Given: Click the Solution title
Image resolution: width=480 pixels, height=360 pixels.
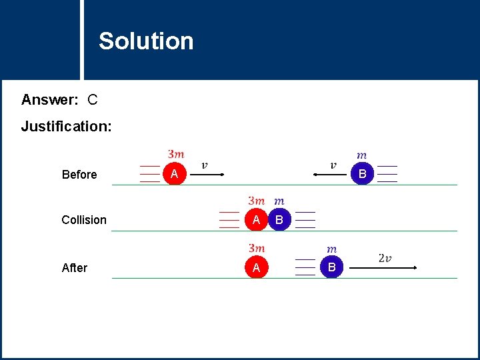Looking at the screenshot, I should click(146, 41).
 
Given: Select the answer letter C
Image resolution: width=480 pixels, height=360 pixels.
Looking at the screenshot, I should click(93, 100).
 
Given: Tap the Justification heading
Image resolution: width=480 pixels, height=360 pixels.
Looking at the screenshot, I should click(66, 126).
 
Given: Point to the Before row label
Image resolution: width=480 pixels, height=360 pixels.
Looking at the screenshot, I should click(79, 175).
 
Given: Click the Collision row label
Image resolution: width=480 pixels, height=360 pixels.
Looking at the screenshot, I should click(84, 220).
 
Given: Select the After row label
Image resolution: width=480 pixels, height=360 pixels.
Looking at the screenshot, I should click(75, 268).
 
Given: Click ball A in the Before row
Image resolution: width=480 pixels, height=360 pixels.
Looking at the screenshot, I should click(174, 174).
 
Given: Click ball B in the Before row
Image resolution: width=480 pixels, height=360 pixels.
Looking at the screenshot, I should click(363, 174).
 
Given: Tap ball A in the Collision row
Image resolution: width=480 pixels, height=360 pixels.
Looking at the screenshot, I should click(256, 219).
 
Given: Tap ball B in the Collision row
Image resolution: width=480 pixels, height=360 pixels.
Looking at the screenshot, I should click(279, 219).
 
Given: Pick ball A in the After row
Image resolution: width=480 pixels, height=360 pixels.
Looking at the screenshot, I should click(256, 267).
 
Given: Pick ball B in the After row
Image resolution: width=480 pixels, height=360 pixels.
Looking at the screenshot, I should click(331, 267).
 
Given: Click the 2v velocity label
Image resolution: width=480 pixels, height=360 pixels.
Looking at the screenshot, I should click(385, 258).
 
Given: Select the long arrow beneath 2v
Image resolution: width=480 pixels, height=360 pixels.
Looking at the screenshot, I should click(383, 267).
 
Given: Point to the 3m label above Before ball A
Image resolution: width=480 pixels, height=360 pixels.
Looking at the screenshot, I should click(177, 154).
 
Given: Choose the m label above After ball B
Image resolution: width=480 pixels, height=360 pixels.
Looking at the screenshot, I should click(331, 249).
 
